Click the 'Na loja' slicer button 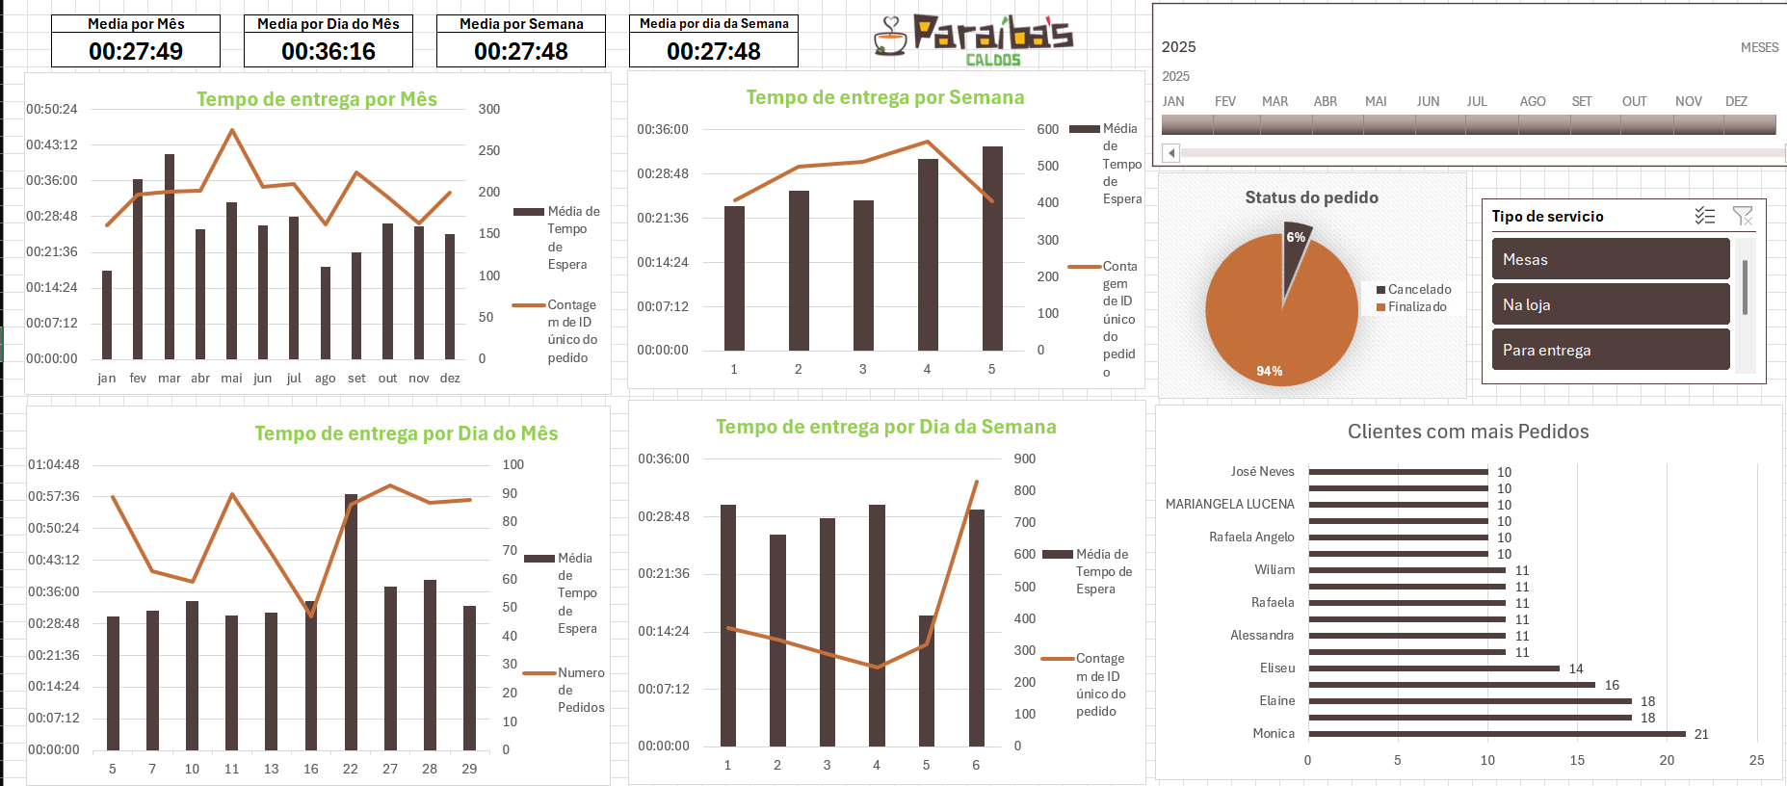pyautogui.click(x=1610, y=304)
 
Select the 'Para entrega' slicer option pyautogui.click(x=1610, y=350)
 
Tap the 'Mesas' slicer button pyautogui.click(x=1610, y=259)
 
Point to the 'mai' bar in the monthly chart pyautogui.click(x=231, y=280)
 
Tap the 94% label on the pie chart pyautogui.click(x=1269, y=371)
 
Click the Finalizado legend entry pyautogui.click(x=1416, y=307)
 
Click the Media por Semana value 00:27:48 pyautogui.click(x=521, y=51)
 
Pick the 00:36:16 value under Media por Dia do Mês pyautogui.click(x=328, y=51)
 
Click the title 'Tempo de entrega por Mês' pyautogui.click(x=317, y=99)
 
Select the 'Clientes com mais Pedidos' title pyautogui.click(x=1468, y=432)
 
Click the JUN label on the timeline pyautogui.click(x=1428, y=101)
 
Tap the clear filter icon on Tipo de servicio pyautogui.click(x=1743, y=216)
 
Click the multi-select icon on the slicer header pyautogui.click(x=1705, y=216)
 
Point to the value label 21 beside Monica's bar pyautogui.click(x=1701, y=734)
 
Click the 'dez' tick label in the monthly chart pyautogui.click(x=450, y=379)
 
